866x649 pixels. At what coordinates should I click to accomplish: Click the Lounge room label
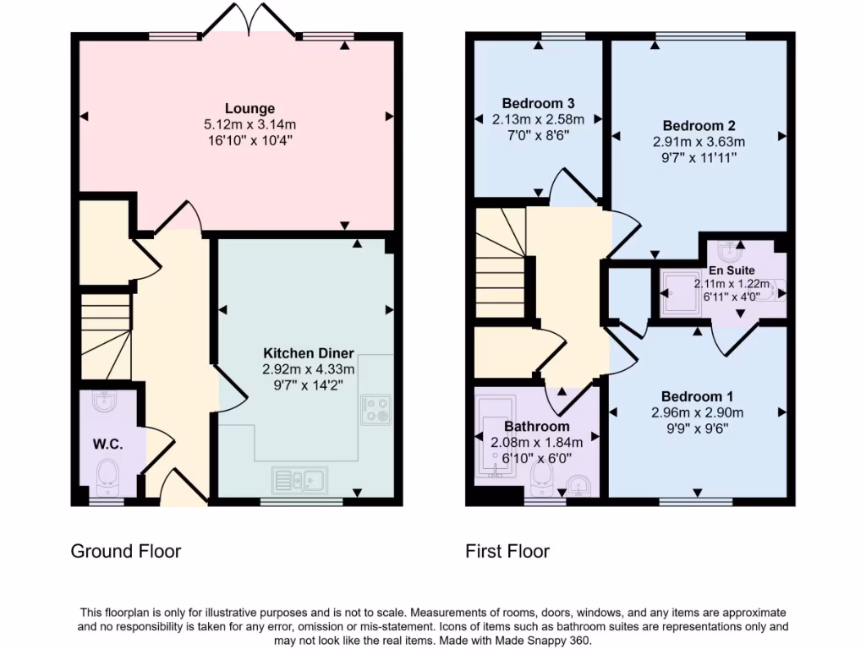tap(249, 108)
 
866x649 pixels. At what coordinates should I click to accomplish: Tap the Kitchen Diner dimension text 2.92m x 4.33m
tap(309, 368)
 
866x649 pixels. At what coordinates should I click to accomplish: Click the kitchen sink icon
tap(301, 480)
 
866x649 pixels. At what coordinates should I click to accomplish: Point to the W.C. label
tap(108, 444)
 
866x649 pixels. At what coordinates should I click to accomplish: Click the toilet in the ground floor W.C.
tap(107, 478)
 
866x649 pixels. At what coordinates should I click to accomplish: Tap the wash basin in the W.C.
tap(105, 401)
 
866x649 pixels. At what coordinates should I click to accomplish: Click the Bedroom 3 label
tap(538, 104)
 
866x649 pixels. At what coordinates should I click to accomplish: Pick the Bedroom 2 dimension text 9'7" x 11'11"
tap(693, 157)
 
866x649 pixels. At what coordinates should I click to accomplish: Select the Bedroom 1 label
tap(697, 397)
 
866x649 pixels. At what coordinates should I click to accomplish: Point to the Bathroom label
tap(536, 427)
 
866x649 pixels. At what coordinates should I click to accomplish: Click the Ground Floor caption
tap(125, 552)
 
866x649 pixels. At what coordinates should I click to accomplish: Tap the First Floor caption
tap(507, 552)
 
